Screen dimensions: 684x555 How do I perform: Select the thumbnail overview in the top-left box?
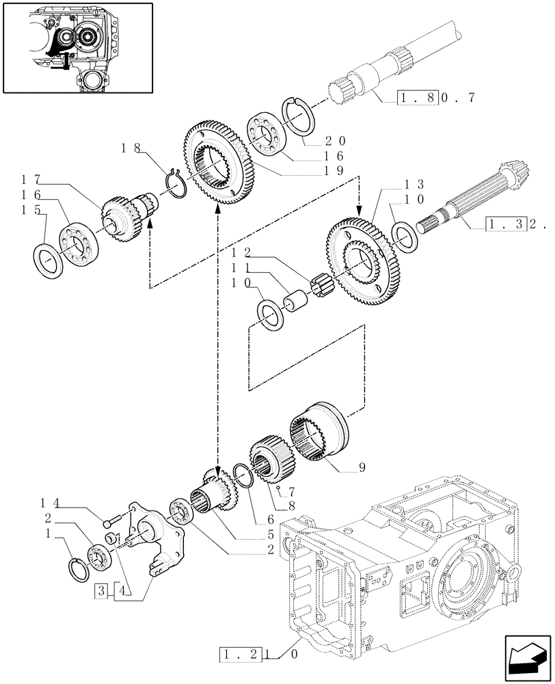point(77,47)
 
